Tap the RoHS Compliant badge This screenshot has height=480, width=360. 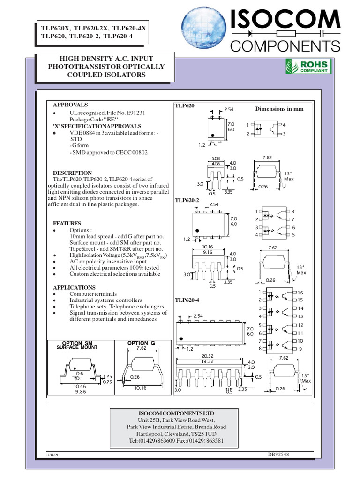308,66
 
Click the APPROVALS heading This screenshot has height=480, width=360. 70,105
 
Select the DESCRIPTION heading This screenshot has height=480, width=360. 72,173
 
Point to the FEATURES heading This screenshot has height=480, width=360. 67,224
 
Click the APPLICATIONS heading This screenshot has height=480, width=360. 74,287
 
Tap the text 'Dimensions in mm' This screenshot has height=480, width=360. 279,109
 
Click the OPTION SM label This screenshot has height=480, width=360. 77,343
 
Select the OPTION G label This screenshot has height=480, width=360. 141,343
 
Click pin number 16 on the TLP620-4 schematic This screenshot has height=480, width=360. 300,292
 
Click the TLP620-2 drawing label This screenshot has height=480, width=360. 187,200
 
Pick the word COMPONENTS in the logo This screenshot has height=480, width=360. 285,45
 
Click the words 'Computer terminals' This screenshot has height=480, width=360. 92,294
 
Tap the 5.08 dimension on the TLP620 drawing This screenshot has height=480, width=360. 216,158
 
